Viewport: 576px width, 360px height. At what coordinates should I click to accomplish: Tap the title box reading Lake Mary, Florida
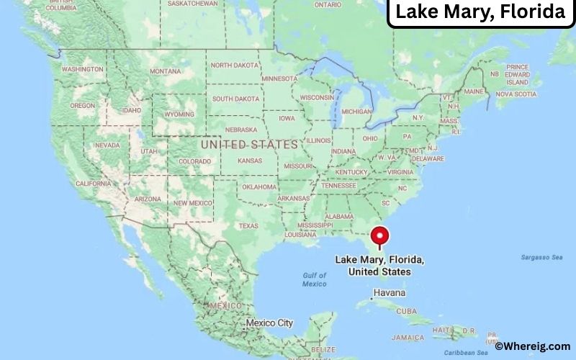480,12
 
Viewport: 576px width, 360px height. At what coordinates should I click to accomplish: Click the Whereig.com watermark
532,347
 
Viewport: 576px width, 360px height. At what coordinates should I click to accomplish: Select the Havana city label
389,293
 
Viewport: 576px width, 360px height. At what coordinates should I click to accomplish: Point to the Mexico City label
269,323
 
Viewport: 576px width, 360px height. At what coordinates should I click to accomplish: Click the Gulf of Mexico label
314,279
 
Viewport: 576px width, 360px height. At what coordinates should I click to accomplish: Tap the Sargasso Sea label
542,257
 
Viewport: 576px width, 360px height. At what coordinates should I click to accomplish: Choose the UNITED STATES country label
249,145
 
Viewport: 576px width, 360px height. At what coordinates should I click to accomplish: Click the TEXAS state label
248,226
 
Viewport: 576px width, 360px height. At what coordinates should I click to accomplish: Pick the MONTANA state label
165,71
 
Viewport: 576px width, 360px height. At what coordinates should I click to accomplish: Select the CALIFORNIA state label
94,184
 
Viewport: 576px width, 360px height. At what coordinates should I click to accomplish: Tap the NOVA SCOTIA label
516,94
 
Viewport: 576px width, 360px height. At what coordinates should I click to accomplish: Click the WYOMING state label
180,114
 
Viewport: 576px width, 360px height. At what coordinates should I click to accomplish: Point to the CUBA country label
407,311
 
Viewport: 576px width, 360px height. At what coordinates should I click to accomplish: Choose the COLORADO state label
194,161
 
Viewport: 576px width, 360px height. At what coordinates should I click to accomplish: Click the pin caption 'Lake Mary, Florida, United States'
379,266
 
